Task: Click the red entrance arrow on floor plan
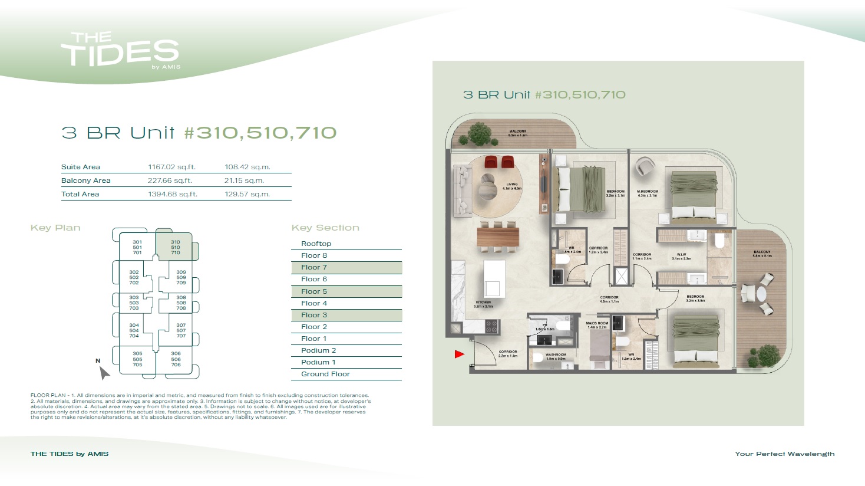click(x=460, y=354)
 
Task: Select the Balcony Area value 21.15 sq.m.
click(x=244, y=180)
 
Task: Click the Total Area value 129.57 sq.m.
click(x=247, y=194)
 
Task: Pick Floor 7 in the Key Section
click(x=314, y=267)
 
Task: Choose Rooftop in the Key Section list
click(x=316, y=244)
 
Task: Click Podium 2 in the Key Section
click(x=318, y=350)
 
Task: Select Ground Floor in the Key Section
click(x=325, y=374)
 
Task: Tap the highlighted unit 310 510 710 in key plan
click(x=175, y=247)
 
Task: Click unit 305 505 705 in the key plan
click(x=137, y=359)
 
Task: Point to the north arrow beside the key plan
click(x=104, y=372)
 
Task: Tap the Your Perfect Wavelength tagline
click(x=784, y=454)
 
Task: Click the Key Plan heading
click(x=55, y=228)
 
